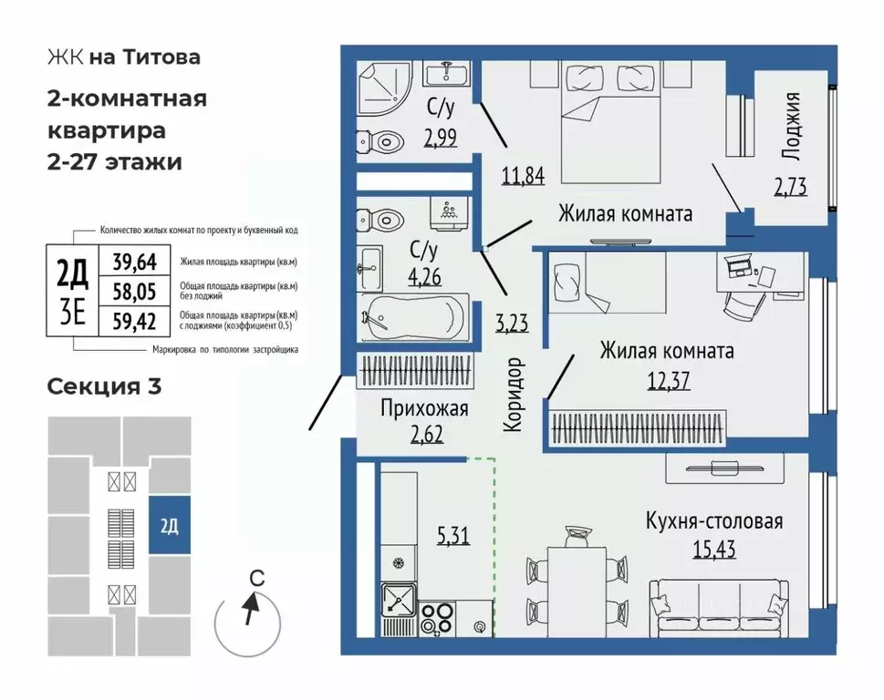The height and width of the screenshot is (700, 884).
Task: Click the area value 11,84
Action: click(523, 175)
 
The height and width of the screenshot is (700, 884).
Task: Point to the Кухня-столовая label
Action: click(714, 522)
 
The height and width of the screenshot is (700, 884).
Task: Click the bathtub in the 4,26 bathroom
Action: click(414, 317)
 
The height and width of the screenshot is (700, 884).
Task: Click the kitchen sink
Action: click(400, 600)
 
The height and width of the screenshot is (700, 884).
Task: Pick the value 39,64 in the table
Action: click(134, 262)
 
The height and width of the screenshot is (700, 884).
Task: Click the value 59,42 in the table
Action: click(134, 320)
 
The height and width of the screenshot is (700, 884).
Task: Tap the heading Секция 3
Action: click(104, 386)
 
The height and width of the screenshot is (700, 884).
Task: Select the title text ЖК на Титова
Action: click(123, 57)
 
